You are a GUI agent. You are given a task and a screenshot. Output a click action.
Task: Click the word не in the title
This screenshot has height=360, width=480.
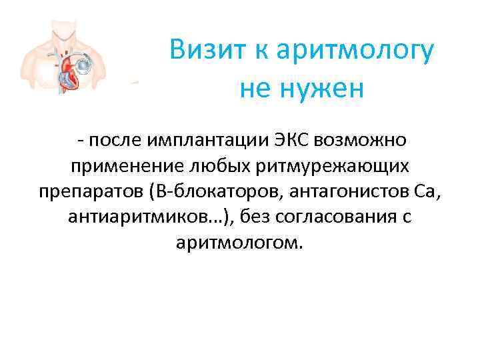[255, 89]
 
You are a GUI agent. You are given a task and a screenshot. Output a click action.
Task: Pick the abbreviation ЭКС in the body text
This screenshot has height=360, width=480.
[291, 141]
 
